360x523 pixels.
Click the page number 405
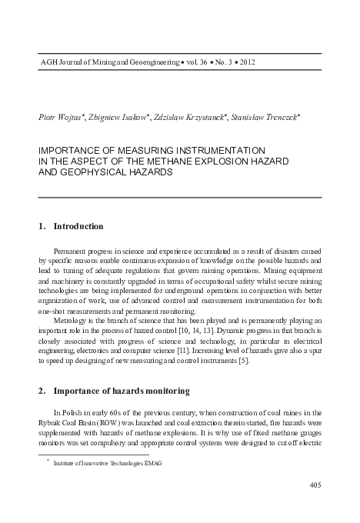(x=314, y=484)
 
